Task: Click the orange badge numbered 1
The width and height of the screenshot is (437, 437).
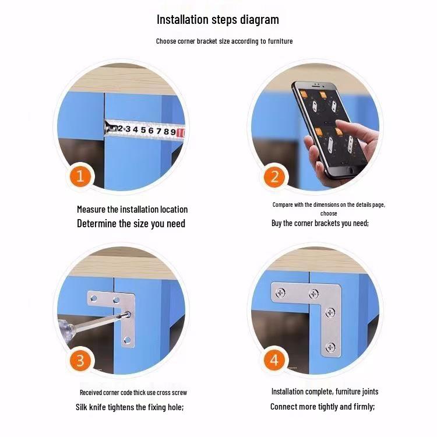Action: [80, 177]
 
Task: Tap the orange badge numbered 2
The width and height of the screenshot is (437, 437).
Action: [274, 177]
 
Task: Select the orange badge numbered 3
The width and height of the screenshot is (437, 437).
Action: [80, 360]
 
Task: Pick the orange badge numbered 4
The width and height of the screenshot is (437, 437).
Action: [274, 360]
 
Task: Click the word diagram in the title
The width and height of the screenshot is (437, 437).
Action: [259, 20]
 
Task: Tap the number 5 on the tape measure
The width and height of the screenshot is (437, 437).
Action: [143, 130]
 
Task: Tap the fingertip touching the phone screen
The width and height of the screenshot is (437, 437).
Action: [339, 124]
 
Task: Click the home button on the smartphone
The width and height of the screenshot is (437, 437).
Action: [351, 170]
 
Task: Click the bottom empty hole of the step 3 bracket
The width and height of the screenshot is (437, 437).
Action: [127, 340]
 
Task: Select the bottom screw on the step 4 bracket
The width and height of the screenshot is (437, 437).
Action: [330, 347]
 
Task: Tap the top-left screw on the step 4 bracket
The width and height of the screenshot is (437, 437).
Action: [280, 293]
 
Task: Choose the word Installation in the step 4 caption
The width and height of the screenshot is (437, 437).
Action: [288, 392]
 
